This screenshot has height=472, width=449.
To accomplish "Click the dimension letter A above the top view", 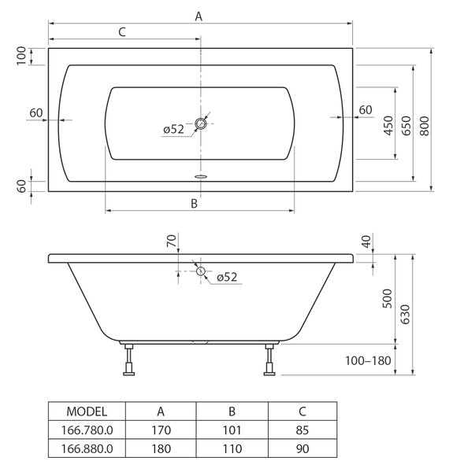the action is (199, 17).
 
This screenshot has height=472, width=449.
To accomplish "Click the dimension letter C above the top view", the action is (122, 32).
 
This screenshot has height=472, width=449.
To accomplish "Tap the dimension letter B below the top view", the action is (194, 204).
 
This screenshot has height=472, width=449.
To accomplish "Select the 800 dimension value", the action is (425, 126).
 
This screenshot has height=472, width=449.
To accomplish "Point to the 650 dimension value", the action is (406, 126).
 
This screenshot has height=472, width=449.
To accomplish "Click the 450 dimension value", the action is (388, 126).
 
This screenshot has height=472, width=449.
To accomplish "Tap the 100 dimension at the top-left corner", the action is (21, 56).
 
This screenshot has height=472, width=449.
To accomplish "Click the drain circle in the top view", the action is (200, 124).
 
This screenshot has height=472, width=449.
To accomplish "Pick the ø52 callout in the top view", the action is (173, 130).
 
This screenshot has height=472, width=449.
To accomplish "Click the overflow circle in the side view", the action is (201, 271).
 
